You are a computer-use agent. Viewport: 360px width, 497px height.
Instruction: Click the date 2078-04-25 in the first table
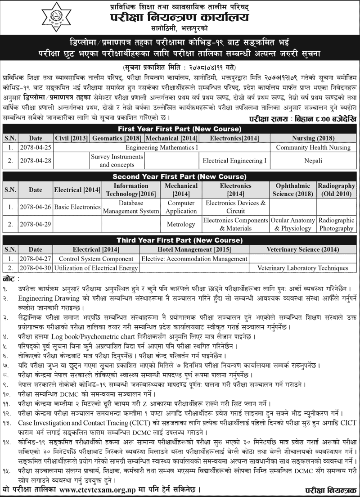coord(36,147)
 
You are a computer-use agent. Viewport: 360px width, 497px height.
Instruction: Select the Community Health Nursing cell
coord(313,147)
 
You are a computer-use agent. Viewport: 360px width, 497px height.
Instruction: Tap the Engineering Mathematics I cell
coord(162,147)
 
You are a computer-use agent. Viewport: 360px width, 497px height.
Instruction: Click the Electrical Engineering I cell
coord(234,160)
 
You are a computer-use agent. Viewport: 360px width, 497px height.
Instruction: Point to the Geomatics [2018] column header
coord(117,137)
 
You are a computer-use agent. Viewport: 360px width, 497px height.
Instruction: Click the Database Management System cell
coord(131,207)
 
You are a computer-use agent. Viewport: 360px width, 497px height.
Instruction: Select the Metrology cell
coord(181,224)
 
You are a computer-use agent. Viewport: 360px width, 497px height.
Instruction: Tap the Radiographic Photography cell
coord(336,224)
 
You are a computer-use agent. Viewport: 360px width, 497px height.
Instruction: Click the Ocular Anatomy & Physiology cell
coord(293,224)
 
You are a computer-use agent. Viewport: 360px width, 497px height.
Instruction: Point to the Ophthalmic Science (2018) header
coord(293,190)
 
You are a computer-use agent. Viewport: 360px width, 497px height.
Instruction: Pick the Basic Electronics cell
coord(77,207)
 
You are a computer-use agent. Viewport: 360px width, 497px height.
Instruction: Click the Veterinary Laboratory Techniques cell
coord(303,268)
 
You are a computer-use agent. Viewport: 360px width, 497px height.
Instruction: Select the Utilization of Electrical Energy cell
coord(96,268)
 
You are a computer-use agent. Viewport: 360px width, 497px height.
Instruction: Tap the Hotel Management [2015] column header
coord(194,249)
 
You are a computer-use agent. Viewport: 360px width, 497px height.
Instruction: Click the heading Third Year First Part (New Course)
coord(180,239)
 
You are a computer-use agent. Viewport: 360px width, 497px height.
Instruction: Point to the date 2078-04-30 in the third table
coord(36,268)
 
